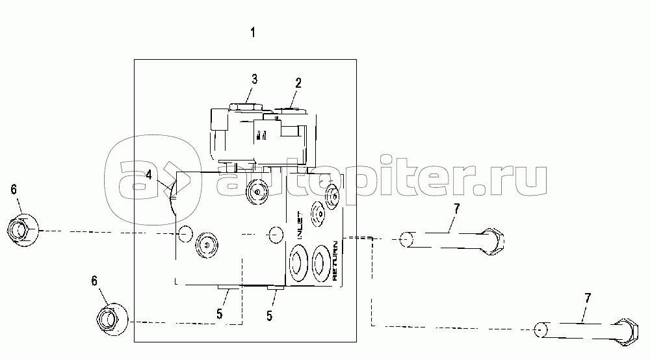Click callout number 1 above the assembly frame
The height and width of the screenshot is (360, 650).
pos(253,32)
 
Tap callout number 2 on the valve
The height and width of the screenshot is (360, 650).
pos(298,83)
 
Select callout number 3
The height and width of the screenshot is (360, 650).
pos(255,79)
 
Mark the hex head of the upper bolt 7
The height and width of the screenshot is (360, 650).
pos(493,240)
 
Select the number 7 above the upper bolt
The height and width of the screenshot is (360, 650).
pos(457,209)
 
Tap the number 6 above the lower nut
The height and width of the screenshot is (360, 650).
pos(94,281)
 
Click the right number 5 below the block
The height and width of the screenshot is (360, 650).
pos(269,316)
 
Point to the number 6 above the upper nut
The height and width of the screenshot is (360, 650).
pos(14,189)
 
